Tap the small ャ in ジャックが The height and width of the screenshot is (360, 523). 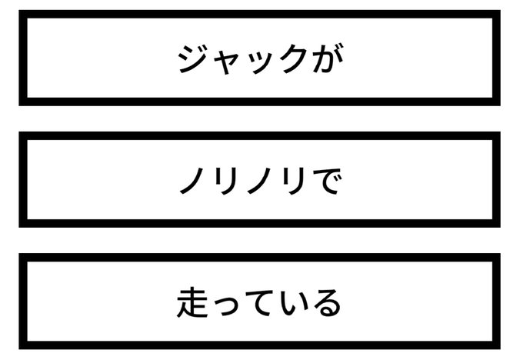click(x=226, y=62)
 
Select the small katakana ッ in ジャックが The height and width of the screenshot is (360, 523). click(x=258, y=63)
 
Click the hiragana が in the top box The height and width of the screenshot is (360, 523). click(x=325, y=59)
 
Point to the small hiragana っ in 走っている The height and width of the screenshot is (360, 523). click(x=226, y=305)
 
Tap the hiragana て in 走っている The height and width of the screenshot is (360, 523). click(x=259, y=302)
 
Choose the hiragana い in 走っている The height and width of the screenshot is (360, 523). click(x=292, y=302)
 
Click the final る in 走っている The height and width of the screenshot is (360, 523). click(x=325, y=302)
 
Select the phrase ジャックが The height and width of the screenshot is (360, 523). click(x=259, y=59)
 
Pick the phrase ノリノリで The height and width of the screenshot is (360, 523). click(x=259, y=181)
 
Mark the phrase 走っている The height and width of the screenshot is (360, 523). click(x=259, y=302)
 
